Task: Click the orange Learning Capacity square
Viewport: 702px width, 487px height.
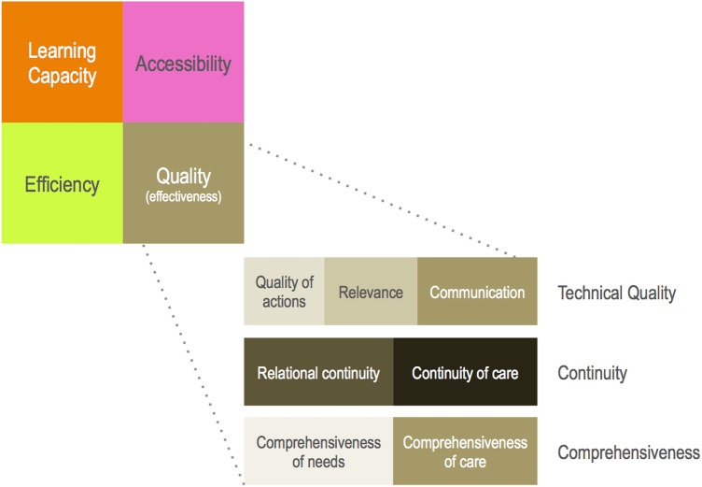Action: (x=63, y=62)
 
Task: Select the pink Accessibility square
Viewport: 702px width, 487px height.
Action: (x=184, y=62)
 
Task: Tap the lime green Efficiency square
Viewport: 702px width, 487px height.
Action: (x=63, y=183)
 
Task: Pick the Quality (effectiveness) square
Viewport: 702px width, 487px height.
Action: (x=184, y=183)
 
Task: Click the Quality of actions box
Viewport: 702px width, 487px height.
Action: (x=284, y=291)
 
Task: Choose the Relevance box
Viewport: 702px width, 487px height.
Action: (x=371, y=291)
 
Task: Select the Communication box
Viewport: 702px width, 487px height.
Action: (x=477, y=291)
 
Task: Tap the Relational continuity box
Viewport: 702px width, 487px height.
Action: (x=318, y=372)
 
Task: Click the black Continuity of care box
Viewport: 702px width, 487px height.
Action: (x=465, y=372)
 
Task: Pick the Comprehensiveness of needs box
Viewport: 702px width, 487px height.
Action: (x=318, y=451)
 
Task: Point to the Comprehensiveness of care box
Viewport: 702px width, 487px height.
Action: (x=465, y=451)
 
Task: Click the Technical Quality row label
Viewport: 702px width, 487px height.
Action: (x=616, y=293)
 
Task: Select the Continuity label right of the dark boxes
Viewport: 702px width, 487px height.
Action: (x=592, y=373)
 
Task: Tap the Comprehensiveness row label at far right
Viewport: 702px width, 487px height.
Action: (x=628, y=452)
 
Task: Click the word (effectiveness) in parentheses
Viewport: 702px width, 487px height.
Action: (x=184, y=196)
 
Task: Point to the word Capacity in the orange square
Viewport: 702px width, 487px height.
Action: (x=63, y=76)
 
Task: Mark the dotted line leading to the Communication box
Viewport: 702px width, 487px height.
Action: (x=383, y=200)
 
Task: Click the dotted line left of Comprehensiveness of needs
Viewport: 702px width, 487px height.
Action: (x=193, y=365)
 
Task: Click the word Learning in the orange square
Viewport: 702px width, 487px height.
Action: (x=63, y=50)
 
